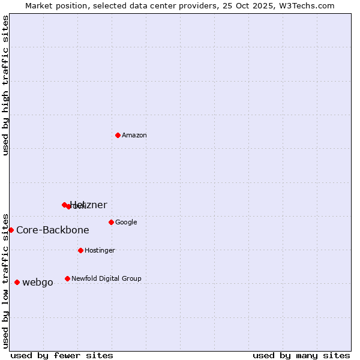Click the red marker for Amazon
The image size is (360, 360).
(x=118, y=135)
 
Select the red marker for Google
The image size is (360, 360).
(x=111, y=222)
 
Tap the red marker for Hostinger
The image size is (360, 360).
(x=80, y=250)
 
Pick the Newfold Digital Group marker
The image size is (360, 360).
(x=67, y=278)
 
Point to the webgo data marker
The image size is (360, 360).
(x=17, y=282)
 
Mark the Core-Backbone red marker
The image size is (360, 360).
(x=11, y=230)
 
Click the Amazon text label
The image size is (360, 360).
(x=134, y=136)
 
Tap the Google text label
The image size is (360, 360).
(x=126, y=223)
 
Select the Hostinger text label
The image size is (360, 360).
(x=100, y=251)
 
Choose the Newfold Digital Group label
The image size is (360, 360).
(x=106, y=279)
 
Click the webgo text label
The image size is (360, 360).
(x=38, y=283)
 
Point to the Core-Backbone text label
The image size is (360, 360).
(x=53, y=230)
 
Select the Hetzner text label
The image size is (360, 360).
(x=89, y=205)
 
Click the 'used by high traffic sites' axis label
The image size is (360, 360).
(x=6, y=85)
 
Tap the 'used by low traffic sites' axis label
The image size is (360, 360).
(x=6, y=280)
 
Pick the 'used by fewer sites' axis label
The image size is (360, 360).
(x=62, y=356)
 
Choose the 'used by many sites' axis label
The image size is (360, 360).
(x=301, y=356)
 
